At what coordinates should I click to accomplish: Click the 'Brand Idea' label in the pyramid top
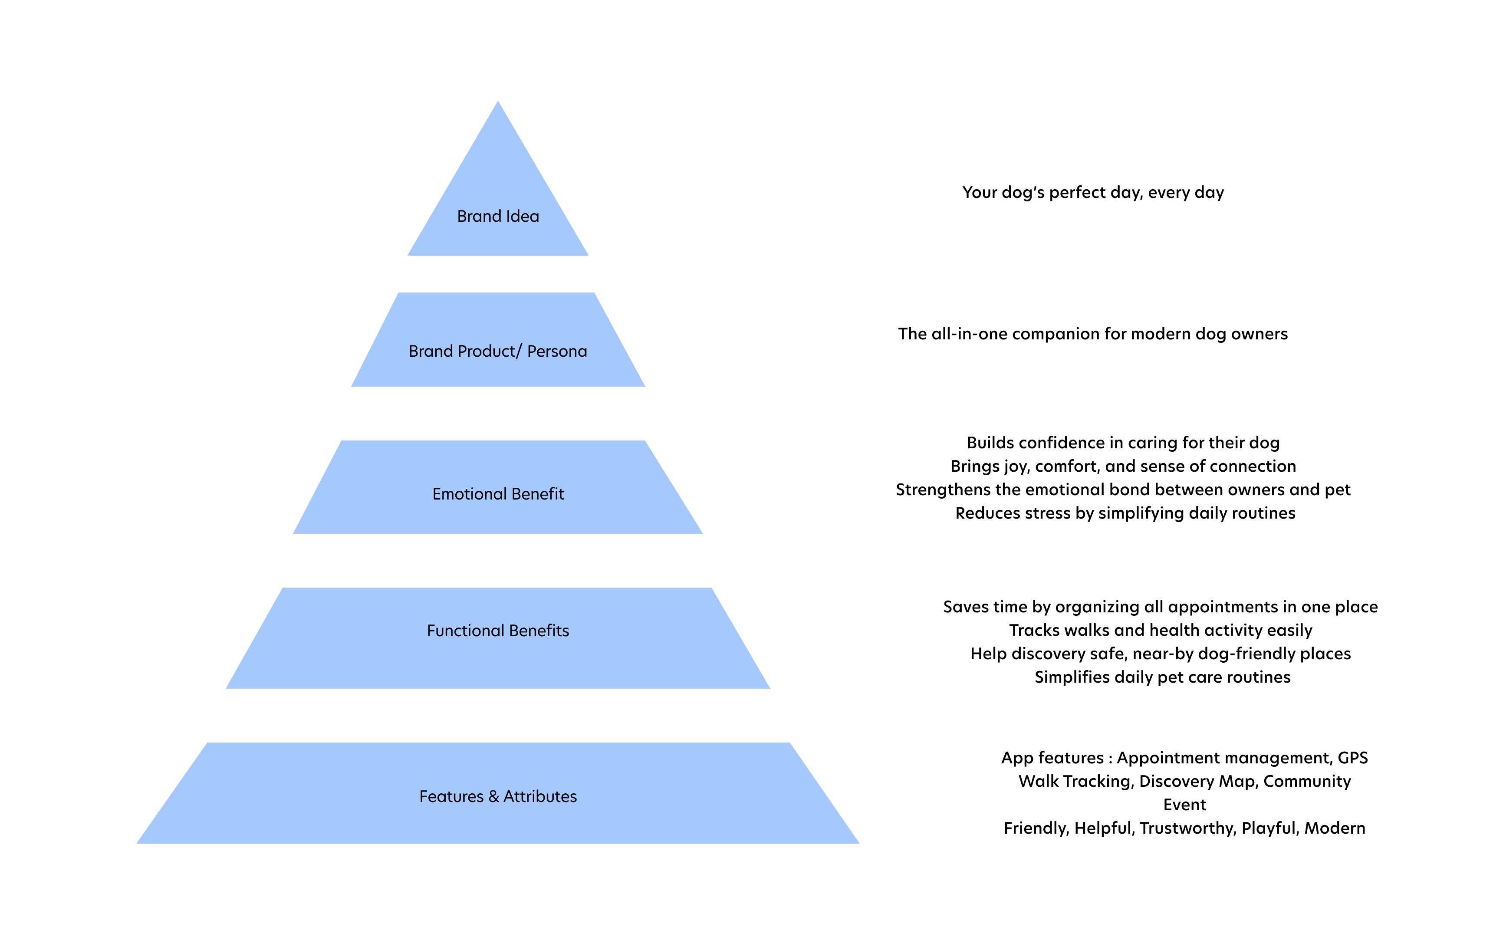tap(498, 217)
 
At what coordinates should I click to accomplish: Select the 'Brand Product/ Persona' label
tap(497, 352)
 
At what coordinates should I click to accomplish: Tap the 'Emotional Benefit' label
tap(498, 494)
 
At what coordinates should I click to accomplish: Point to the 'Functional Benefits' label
tap(498, 631)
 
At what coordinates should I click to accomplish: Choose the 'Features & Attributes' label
tap(498, 796)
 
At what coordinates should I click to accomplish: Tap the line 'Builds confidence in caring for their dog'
tap(1123, 443)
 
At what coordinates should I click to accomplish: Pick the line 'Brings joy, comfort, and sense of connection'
tap(1123, 466)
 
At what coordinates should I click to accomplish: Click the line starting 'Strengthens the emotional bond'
tap(1123, 490)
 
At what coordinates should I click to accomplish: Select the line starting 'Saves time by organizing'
tap(1160, 607)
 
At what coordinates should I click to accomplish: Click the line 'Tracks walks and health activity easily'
tap(1160, 631)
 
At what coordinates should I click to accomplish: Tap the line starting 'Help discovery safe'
tap(1160, 654)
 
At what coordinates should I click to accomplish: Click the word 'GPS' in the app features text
tap(1352, 758)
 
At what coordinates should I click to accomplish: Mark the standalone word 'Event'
tap(1184, 805)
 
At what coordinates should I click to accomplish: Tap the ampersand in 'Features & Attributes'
tap(493, 797)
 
